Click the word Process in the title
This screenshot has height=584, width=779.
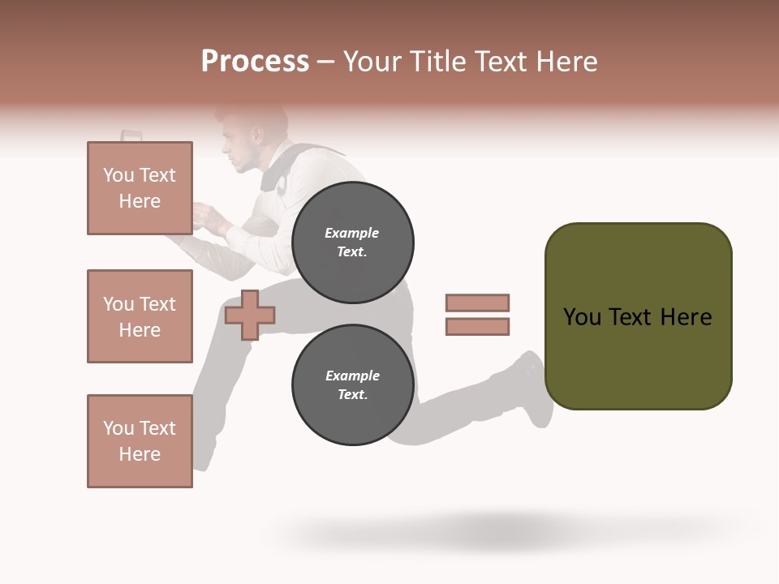255,62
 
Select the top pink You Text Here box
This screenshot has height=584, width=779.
140,188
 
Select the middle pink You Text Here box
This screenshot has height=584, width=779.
140,316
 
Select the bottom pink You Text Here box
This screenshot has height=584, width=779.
140,441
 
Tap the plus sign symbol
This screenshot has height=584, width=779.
249,316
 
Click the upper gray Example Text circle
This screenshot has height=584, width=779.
352,243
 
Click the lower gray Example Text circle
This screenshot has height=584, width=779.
352,385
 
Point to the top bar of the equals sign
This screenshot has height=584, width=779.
477,303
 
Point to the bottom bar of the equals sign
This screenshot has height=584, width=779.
477,327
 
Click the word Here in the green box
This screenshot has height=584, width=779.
686,317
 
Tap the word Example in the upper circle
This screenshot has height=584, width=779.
351,234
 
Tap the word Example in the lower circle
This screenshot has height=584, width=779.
352,376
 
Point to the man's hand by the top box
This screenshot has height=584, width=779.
207,217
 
